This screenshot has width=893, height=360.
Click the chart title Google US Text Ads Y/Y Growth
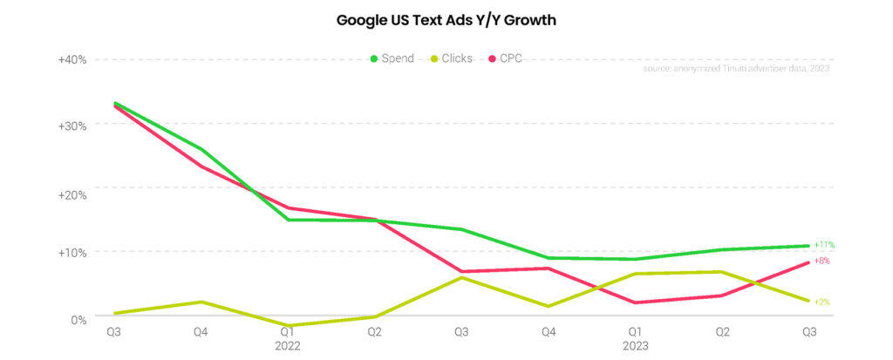click(x=446, y=19)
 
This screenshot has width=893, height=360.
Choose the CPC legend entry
click(x=510, y=58)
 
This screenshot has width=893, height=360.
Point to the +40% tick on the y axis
click(x=72, y=59)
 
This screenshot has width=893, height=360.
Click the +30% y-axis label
click(x=72, y=125)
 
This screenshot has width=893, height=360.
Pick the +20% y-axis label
click(x=72, y=193)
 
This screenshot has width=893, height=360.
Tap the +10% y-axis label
click(x=72, y=253)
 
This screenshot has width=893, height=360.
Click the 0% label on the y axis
click(x=78, y=320)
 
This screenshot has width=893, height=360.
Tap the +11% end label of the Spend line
click(x=824, y=245)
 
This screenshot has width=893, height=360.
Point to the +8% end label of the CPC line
click(x=822, y=261)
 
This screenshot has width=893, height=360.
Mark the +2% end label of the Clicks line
click(x=821, y=302)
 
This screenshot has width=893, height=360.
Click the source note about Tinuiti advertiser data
click(x=735, y=68)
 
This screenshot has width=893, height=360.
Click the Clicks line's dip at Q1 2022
click(x=287, y=325)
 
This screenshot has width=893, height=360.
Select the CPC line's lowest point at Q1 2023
click(x=635, y=302)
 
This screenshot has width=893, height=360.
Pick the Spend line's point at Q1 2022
click(x=287, y=220)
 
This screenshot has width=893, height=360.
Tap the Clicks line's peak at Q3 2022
click(x=461, y=277)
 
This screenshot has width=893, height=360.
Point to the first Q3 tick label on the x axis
click(x=113, y=332)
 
